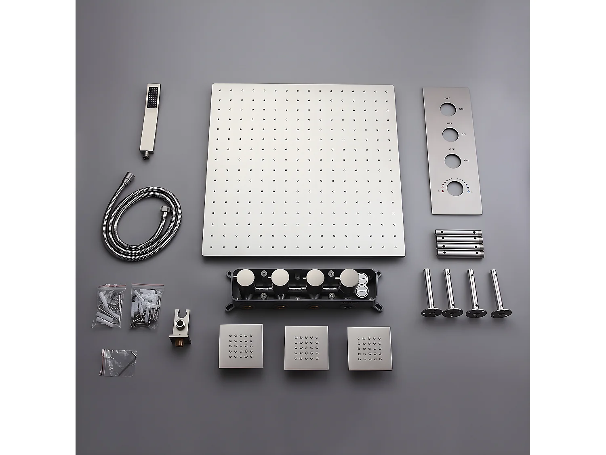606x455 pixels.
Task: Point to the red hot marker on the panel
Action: pos(443,191)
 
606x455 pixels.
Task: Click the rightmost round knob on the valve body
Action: pos(349,279)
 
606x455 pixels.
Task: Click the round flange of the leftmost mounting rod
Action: pos(431,313)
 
